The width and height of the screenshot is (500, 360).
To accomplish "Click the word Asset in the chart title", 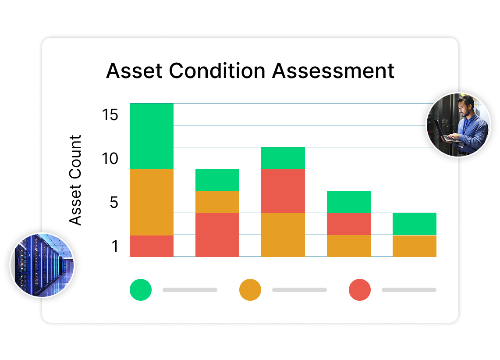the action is (134, 71).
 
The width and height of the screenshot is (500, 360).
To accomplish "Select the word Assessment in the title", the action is (333, 71).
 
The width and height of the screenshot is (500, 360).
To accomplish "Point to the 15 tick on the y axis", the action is (110, 114).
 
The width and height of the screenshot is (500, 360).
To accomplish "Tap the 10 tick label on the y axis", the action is (110, 158).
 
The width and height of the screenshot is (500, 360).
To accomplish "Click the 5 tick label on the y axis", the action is (114, 202).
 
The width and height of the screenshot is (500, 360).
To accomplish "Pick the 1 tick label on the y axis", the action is (115, 246).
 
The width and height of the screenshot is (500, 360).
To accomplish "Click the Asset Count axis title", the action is (75, 180).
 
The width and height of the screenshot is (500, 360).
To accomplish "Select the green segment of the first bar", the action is (152, 136).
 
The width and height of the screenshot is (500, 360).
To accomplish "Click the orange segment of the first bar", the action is (152, 202).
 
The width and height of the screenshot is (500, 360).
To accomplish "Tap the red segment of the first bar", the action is (152, 246).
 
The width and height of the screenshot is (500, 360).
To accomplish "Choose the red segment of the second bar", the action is (217, 235).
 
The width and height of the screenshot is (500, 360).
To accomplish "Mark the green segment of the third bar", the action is (283, 158).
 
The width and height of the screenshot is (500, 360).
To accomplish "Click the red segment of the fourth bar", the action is (348, 224).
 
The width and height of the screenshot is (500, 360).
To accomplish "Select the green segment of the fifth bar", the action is (414, 224).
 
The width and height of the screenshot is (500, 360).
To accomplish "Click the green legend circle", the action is (141, 290).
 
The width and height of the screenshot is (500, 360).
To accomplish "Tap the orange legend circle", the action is (250, 290).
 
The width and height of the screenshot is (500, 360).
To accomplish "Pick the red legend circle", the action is (360, 290).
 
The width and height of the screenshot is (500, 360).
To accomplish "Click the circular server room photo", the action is (42, 265).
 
